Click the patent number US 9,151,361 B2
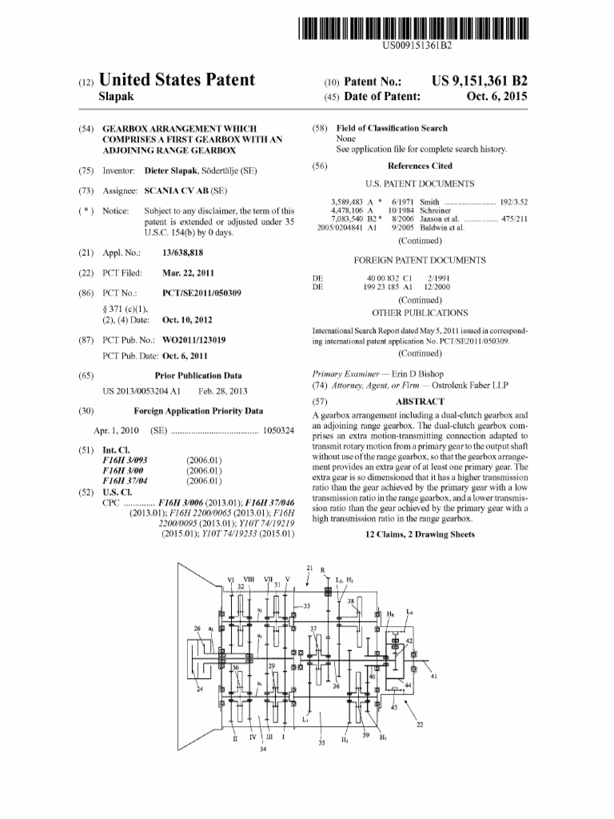pyautogui.click(x=479, y=82)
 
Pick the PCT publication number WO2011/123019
pyautogui.click(x=193, y=340)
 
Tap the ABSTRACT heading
pyautogui.click(x=420, y=402)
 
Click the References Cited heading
pyautogui.click(x=420, y=166)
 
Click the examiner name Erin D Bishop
pyautogui.click(x=404, y=374)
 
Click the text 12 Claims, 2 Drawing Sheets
pyautogui.click(x=420, y=533)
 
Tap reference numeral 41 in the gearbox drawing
pyautogui.click(x=433, y=676)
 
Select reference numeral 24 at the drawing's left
pyautogui.click(x=200, y=689)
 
